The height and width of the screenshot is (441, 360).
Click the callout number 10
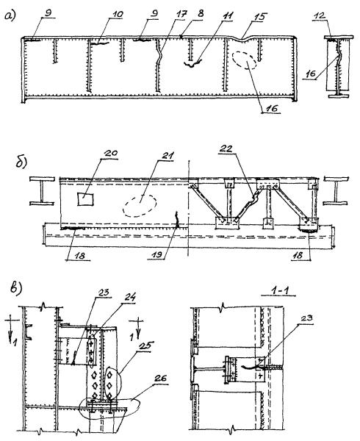(x=115, y=14)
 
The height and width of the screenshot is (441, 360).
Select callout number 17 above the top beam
(x=181, y=14)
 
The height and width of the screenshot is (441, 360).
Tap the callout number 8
(x=201, y=13)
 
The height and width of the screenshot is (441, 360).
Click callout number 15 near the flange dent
(x=260, y=17)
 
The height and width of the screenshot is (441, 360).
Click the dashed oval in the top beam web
(x=244, y=60)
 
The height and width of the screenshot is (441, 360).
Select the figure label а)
(x=10, y=16)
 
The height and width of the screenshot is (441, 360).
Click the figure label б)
(x=21, y=162)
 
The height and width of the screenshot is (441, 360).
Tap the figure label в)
(x=16, y=289)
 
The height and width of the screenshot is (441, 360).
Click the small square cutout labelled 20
(x=85, y=199)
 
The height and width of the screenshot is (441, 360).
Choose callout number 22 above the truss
(x=226, y=148)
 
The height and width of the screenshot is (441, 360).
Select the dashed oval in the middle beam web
(x=140, y=206)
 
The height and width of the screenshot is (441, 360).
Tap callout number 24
(x=129, y=297)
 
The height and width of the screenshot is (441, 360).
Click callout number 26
(x=160, y=378)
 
